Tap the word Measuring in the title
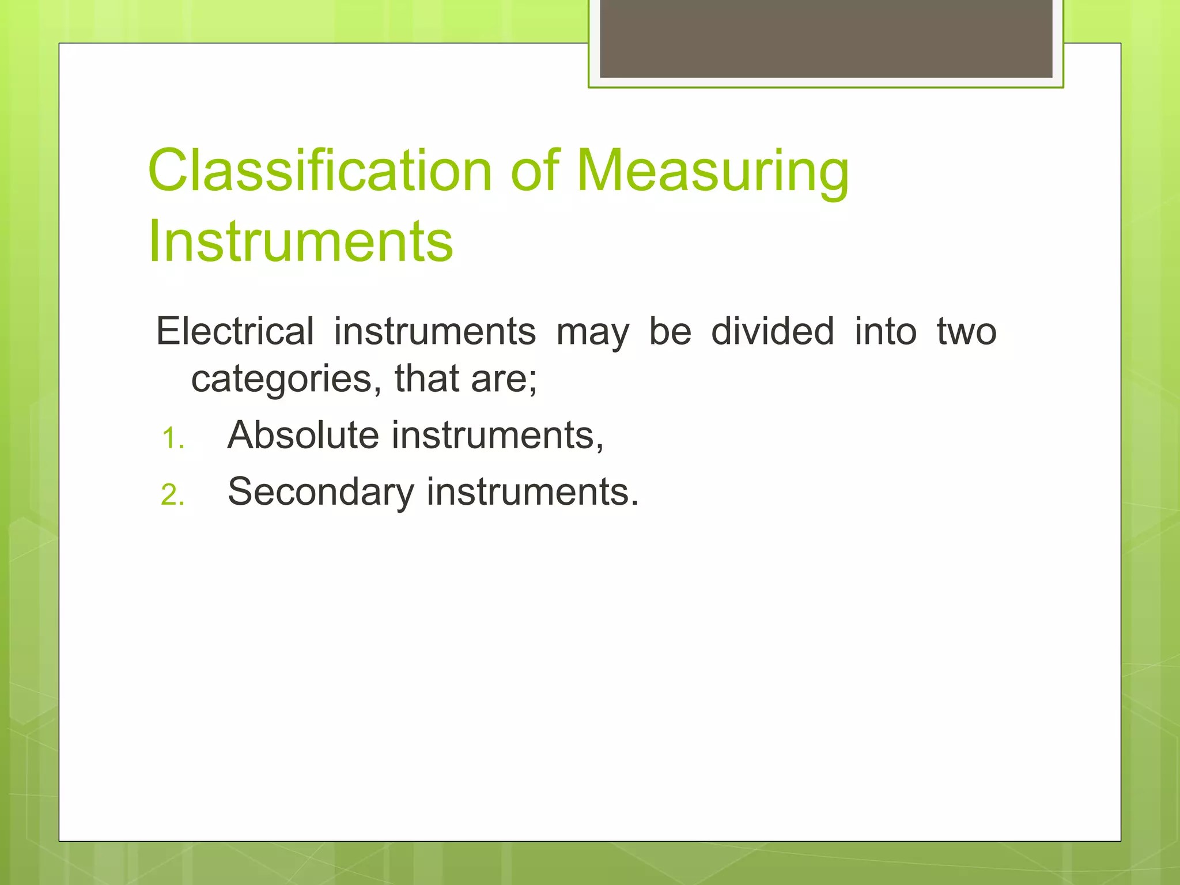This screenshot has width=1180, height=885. [713, 171]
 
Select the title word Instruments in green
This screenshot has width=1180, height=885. [301, 241]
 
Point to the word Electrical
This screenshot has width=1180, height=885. [235, 331]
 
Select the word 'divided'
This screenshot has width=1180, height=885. [773, 331]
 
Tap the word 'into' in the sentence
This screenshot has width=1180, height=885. [886, 331]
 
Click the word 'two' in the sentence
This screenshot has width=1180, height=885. [967, 332]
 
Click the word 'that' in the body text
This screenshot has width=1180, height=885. [426, 379]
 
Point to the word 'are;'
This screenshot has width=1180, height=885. [504, 380]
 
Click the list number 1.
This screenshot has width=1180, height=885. [172, 438]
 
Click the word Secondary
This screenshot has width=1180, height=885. [321, 492]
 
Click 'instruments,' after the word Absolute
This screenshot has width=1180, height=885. [498, 435]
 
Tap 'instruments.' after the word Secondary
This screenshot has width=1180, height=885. [533, 492]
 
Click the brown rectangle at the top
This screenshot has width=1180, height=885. [826, 38]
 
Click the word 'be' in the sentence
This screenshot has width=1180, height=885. [670, 331]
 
